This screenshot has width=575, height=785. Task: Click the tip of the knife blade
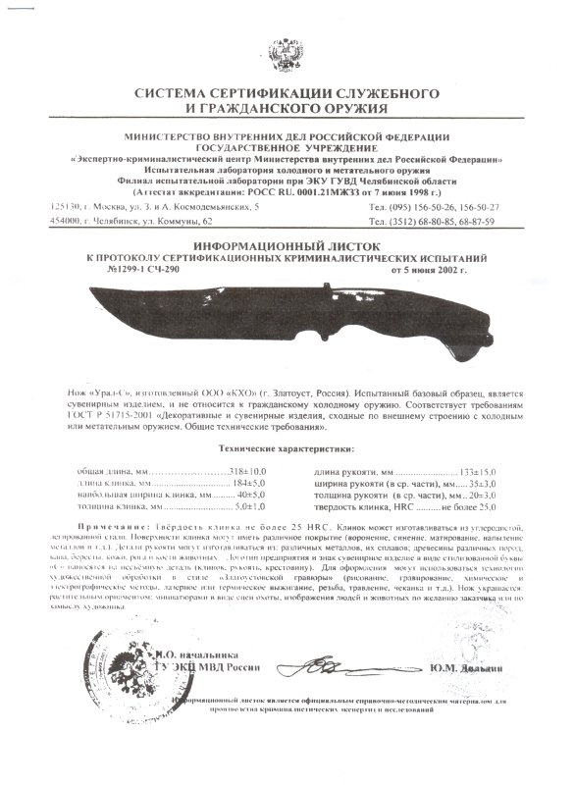point(91,290)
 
